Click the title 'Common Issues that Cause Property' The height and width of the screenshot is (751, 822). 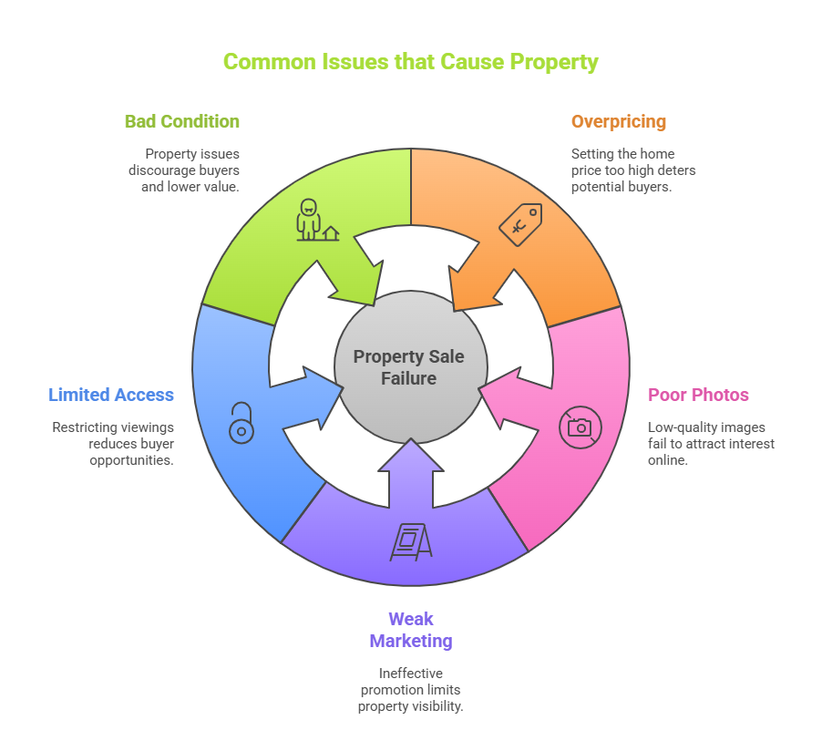(410, 62)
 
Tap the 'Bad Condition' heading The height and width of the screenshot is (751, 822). (182, 121)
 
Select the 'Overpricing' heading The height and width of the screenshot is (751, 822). (619, 121)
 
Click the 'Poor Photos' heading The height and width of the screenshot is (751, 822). (698, 395)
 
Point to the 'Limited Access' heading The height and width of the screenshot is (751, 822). (111, 395)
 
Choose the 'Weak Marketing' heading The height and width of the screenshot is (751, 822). (411, 630)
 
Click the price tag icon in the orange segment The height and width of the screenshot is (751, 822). (520, 224)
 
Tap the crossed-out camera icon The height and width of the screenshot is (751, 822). (581, 427)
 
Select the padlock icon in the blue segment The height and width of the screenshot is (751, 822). (241, 423)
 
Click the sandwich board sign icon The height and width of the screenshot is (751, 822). (411, 541)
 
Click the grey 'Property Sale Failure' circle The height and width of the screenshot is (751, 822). (411, 367)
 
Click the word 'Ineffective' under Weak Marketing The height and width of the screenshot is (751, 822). (411, 674)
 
